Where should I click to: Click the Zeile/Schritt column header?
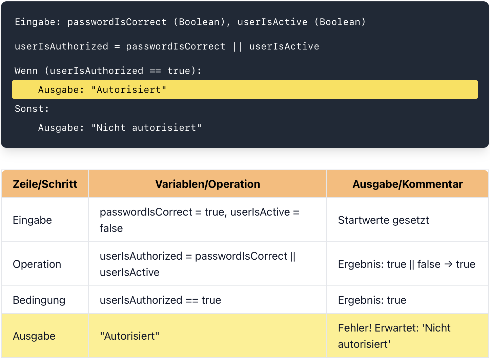point(45,184)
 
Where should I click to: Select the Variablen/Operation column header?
point(208,184)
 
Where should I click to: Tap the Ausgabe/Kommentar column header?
point(408,184)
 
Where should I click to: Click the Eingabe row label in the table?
point(33,220)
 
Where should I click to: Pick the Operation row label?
point(37,264)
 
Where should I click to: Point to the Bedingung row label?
point(39,300)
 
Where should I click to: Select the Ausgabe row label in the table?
point(34,336)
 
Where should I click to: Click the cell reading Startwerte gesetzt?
point(384,220)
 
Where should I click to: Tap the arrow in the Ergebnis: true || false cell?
point(448,264)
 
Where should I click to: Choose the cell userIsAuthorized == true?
point(160,300)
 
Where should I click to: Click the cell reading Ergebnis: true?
point(372,300)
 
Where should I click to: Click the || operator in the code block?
point(237,47)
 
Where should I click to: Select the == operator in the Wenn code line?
point(155,71)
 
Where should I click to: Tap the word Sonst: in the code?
point(32,109)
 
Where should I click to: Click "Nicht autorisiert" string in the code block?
point(146,127)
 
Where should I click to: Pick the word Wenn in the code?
point(26,71)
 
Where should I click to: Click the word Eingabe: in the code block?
point(38,22)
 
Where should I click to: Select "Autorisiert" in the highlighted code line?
point(129,90)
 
